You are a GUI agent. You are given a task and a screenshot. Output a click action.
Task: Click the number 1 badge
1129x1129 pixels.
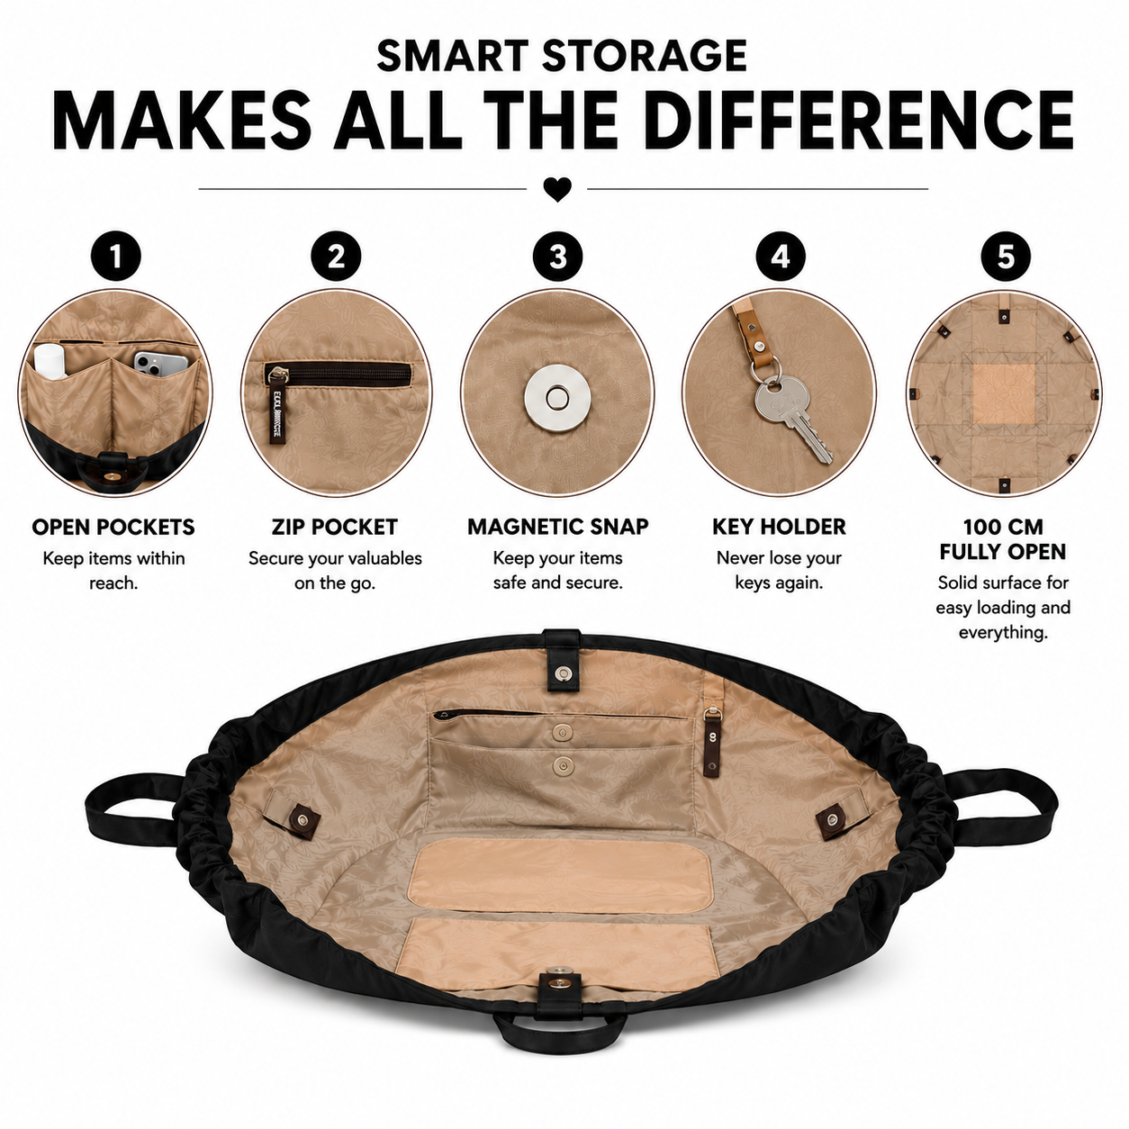pos(115,257)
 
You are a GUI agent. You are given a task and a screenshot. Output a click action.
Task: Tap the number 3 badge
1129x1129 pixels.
pos(558,257)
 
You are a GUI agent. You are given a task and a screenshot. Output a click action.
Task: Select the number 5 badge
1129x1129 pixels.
pos(1006,257)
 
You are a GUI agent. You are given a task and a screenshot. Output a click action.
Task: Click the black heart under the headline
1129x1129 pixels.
pos(557,190)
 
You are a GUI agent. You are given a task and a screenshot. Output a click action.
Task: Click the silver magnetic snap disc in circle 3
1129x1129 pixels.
pos(556,398)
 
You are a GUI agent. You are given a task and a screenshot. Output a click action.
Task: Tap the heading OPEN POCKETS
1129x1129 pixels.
pos(113,527)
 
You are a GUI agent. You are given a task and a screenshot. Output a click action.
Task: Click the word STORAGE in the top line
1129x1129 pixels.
pos(644,56)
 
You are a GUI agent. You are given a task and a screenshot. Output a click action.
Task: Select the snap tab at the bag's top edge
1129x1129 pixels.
pos(562,660)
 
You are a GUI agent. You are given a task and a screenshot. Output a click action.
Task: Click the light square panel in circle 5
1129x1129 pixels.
pos(1003,393)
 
